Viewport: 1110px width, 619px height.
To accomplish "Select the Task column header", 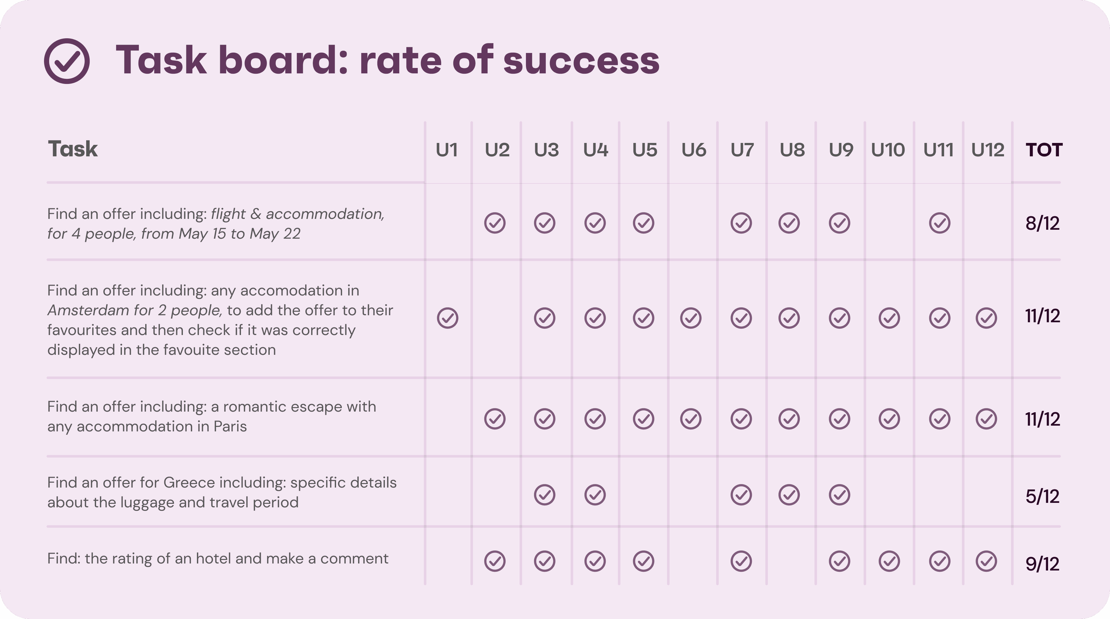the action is click(72, 149).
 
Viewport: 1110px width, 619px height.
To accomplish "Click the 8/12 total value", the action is click(1042, 223).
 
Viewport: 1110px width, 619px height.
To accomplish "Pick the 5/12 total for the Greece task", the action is click(1042, 496).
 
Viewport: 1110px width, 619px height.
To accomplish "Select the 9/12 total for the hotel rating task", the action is click(1042, 563).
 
